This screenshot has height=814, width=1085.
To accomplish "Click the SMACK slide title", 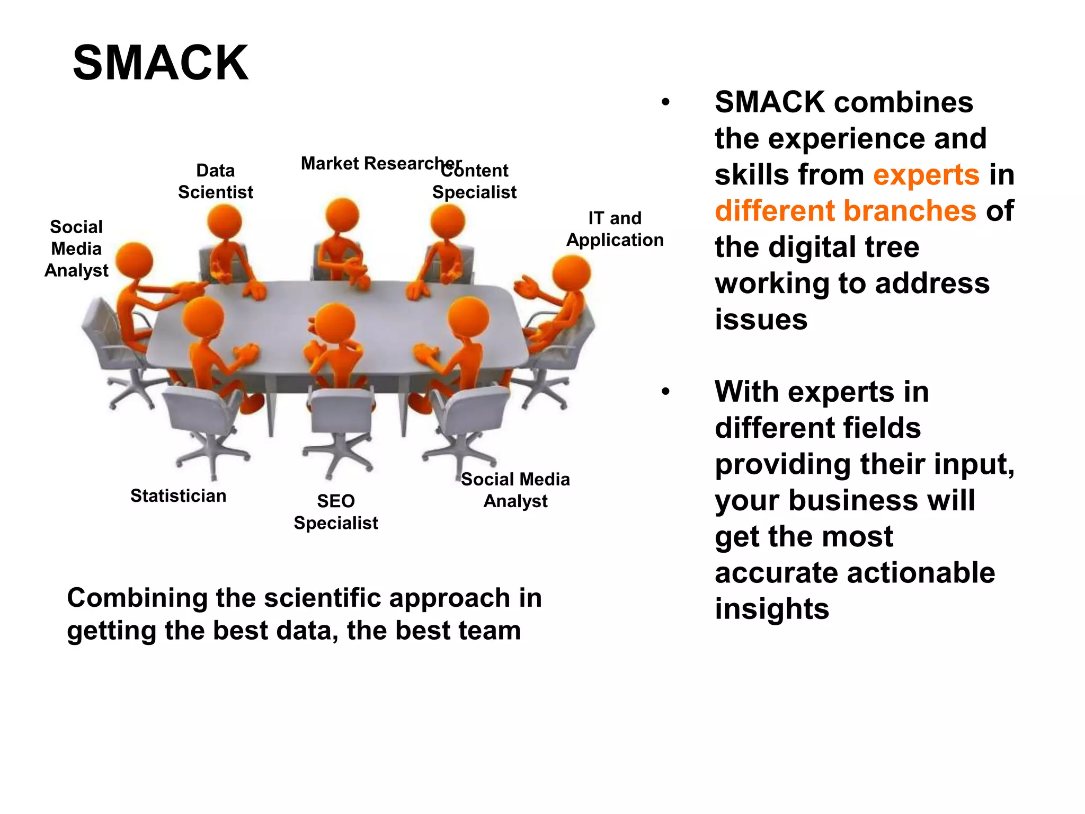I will (160, 63).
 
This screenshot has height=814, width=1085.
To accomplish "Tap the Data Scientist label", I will (216, 181).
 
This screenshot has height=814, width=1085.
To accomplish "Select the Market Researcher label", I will (380, 163).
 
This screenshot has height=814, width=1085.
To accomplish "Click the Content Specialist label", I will (475, 182).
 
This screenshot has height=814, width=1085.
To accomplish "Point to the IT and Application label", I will (615, 229).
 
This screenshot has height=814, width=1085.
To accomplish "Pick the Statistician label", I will (178, 496).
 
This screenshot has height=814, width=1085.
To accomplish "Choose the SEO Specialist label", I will (336, 512).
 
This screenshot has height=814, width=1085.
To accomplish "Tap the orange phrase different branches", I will (845, 210).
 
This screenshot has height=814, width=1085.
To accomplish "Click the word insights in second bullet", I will (771, 608).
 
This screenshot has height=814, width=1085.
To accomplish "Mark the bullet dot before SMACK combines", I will (665, 102).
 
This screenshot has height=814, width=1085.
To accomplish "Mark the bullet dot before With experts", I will (665, 392).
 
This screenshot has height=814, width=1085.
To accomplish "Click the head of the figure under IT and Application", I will (571, 273).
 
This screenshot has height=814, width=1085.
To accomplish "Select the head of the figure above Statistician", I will (202, 317).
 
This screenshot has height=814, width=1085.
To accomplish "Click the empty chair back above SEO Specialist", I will (342, 411).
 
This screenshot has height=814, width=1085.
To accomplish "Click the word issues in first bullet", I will (761, 320).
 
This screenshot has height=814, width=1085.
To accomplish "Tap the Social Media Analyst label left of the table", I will (76, 249).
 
